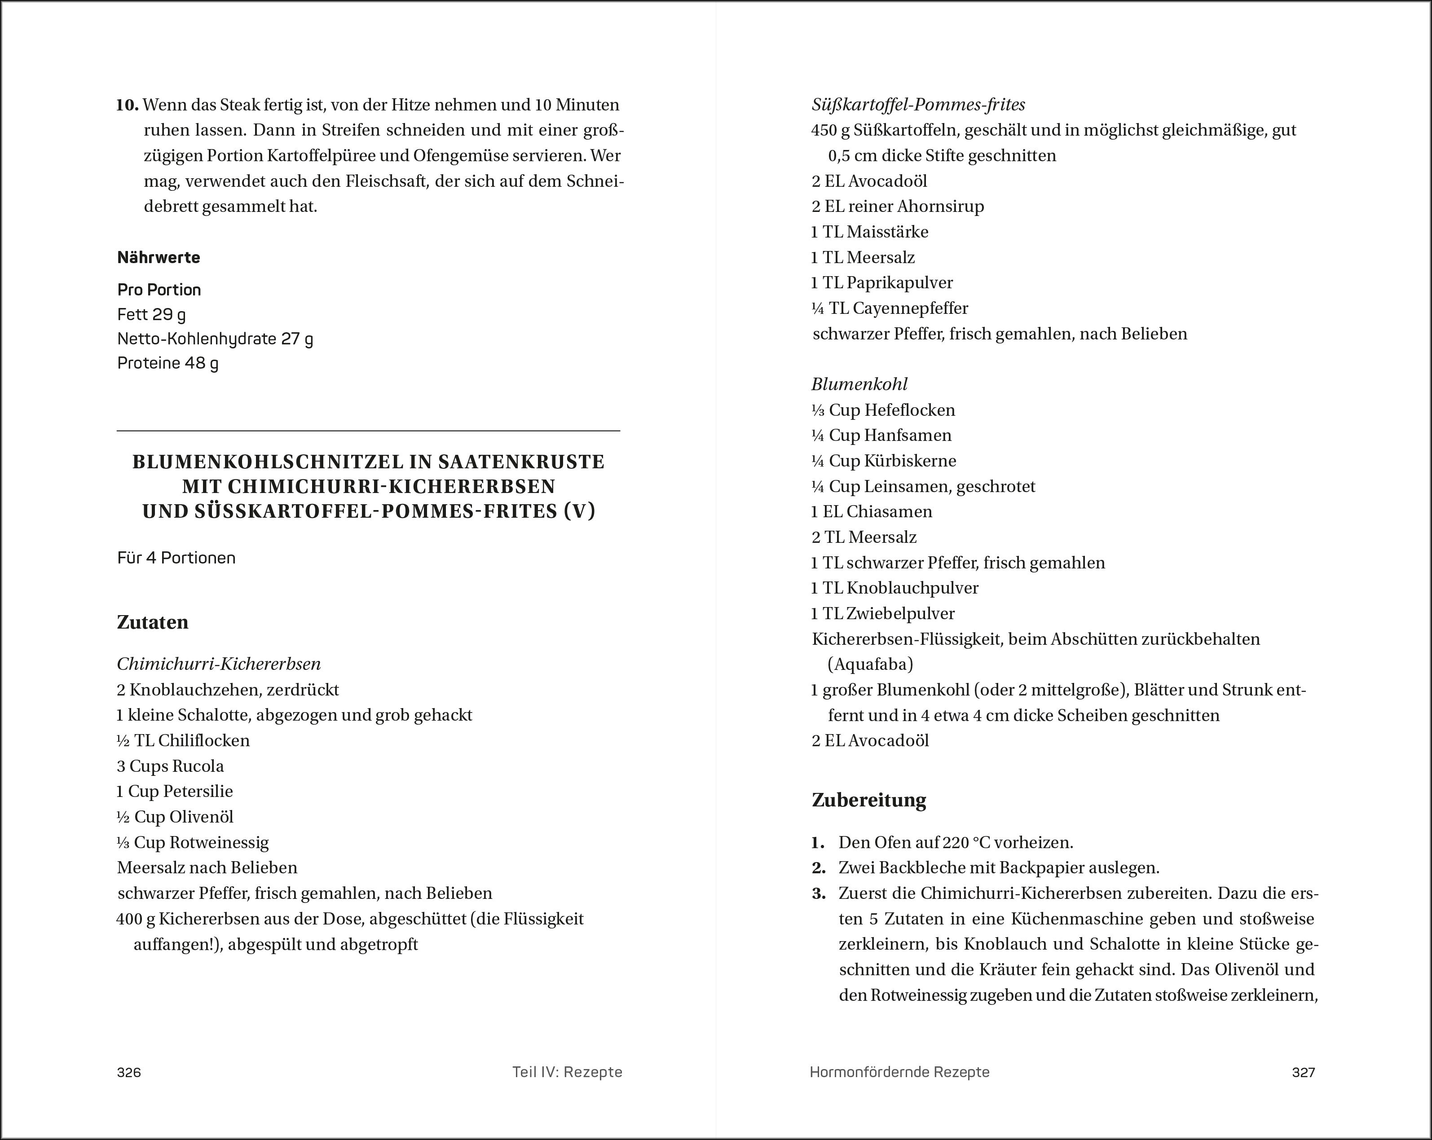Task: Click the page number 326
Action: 129,1072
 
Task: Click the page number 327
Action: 1303,1072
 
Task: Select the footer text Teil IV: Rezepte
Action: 567,1072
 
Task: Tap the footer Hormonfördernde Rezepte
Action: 899,1072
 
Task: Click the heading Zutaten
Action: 153,622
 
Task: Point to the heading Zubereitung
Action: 869,800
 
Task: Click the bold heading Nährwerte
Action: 159,258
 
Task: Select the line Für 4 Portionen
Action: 176,558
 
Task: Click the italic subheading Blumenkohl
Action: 859,384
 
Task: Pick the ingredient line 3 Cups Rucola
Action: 171,766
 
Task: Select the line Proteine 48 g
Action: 167,363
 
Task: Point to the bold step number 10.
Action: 128,105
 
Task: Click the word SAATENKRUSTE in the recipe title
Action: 521,462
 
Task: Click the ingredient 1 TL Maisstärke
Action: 869,232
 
